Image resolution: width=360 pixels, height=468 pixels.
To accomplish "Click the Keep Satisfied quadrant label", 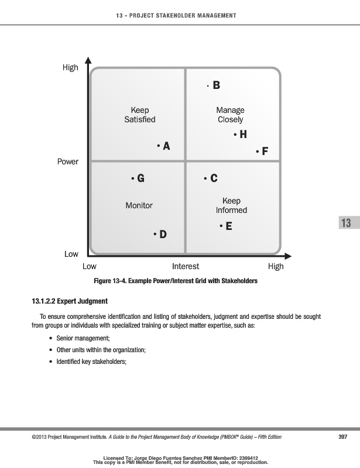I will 140,115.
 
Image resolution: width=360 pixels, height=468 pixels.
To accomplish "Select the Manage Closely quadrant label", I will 230,115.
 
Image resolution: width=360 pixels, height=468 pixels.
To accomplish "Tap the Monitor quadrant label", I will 139,205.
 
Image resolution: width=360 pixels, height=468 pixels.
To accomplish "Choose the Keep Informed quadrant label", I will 231,205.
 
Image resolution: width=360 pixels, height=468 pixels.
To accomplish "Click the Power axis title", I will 68,161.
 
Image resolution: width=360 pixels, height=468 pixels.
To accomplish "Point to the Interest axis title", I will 186,266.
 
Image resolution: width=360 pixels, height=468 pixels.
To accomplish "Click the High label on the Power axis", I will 70,68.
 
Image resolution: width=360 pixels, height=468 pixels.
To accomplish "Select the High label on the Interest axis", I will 275,266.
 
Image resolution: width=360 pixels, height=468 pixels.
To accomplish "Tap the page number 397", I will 344,436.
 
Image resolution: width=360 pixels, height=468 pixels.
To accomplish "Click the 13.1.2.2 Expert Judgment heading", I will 70,302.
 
